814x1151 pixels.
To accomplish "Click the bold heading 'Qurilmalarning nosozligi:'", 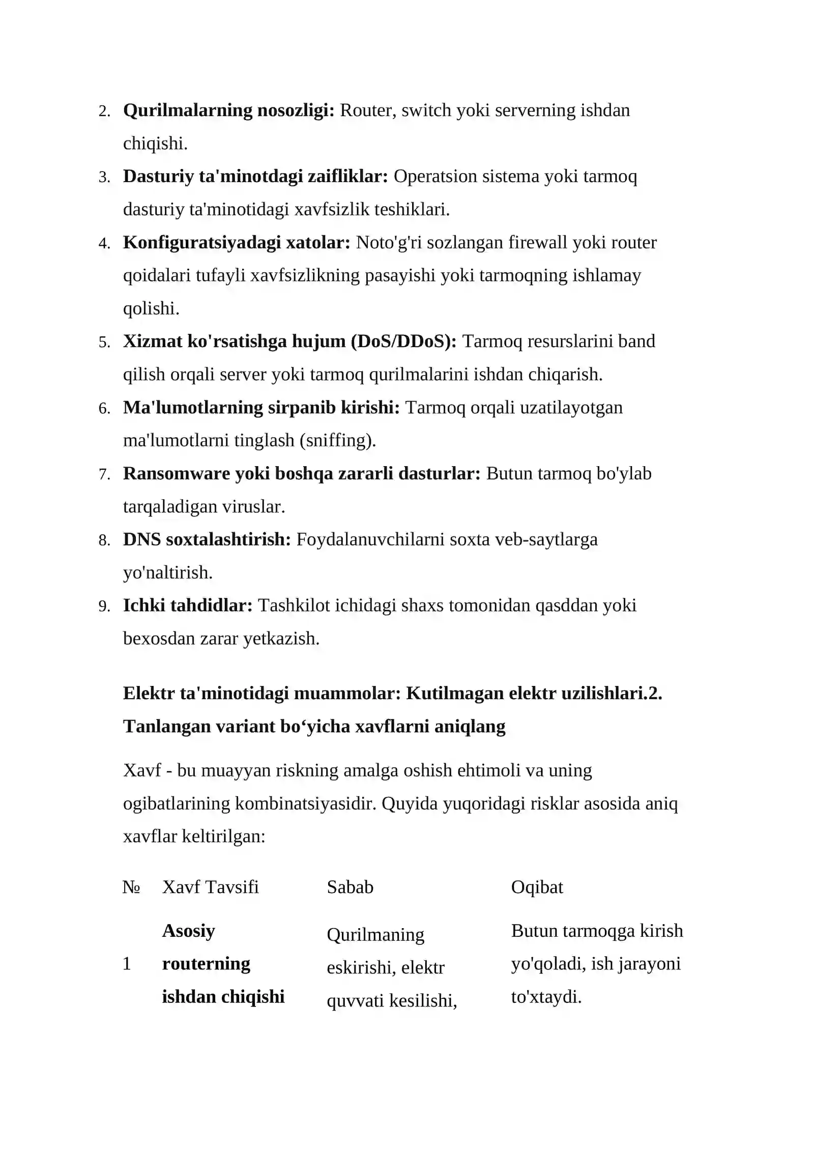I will click(x=228, y=110).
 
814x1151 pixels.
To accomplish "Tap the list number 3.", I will click(x=104, y=178).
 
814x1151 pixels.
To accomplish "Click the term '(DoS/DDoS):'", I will click(x=404, y=341).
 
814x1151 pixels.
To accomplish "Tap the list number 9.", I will click(x=104, y=607).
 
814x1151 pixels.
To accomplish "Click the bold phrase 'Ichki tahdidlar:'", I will click(x=188, y=606).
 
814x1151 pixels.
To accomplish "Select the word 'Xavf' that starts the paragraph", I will click(x=142, y=770).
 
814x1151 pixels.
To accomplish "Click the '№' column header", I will click(x=131, y=887).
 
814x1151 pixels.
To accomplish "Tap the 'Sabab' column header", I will click(x=350, y=887).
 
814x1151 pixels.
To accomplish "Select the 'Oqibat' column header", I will click(x=537, y=887).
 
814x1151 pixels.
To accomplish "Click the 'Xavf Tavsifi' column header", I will click(x=210, y=887).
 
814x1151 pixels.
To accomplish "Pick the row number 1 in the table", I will click(x=127, y=964).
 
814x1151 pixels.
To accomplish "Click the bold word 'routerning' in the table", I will click(x=206, y=964).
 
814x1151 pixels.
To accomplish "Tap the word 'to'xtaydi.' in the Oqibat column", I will click(x=546, y=997).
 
